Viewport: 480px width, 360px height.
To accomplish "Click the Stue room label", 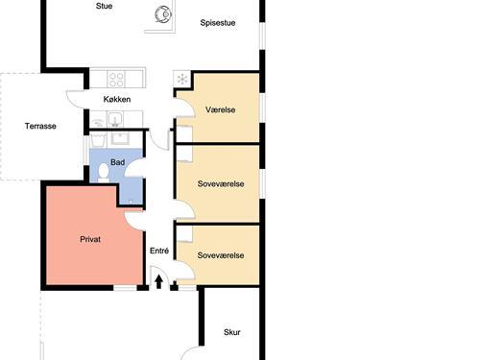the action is point(104,6).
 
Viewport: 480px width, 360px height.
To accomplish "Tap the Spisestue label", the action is point(218,23).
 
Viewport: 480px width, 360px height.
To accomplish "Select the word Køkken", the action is point(117,99).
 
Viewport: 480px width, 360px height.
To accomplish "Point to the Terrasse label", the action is point(40,126).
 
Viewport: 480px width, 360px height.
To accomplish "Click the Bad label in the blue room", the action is point(117,162).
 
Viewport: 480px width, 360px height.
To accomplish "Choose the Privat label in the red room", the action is point(90,239).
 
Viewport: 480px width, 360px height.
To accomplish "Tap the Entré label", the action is point(159,251).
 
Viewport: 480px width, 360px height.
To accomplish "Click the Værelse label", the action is point(221,109).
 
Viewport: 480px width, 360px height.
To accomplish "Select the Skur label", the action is point(232,332).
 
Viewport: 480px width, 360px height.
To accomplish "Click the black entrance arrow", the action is point(158,282).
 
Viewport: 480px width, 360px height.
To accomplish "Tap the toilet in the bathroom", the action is point(104,173).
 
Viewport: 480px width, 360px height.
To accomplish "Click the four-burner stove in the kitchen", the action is point(116,79).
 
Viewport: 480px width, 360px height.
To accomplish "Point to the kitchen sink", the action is point(115,119).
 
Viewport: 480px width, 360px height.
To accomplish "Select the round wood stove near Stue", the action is point(163,14).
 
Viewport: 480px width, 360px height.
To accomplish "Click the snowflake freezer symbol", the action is point(182,79).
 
